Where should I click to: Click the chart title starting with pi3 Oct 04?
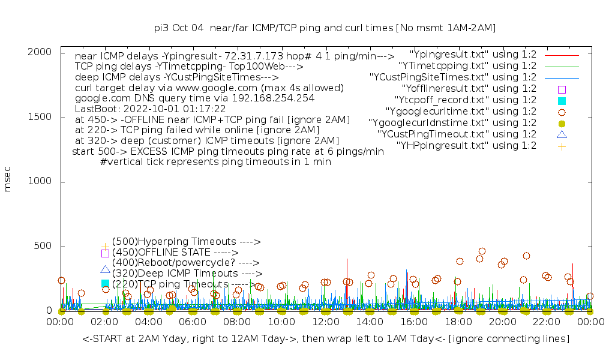pos(325,28)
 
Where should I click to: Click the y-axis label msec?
pos(8,181)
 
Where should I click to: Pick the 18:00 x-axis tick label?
pos(458,322)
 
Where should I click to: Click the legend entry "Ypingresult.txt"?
pos(473,54)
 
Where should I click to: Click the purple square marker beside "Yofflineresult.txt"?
pos(562,89)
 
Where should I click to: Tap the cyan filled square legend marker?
pos(562,100)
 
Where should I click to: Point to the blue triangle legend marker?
pos(562,134)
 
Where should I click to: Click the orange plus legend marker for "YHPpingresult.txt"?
pos(562,146)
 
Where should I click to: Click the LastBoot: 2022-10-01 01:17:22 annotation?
pos(150,109)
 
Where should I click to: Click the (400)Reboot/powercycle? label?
pos(185,263)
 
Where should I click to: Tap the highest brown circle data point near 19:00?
pos(482,251)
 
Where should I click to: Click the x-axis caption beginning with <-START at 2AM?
pos(326,339)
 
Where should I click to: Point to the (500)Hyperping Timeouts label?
pos(186,242)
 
